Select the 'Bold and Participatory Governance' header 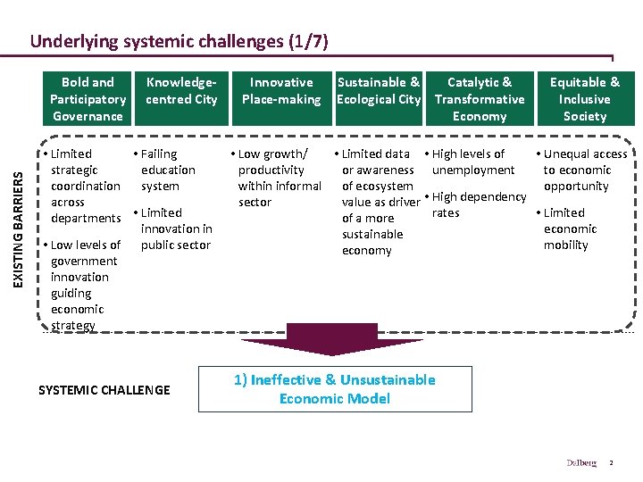point(88,99)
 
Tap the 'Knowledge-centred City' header point(181,91)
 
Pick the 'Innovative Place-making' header point(281,91)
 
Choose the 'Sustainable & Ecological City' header point(379,91)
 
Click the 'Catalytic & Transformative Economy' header point(480,99)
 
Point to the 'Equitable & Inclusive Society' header point(585,99)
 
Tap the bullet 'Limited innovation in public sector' point(174,229)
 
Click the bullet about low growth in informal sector point(278,178)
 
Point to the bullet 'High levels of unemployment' point(471,162)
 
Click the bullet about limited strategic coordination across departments point(83,186)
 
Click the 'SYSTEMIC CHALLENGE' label point(104,390)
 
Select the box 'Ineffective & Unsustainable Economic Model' point(334,389)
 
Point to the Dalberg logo point(580,462)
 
